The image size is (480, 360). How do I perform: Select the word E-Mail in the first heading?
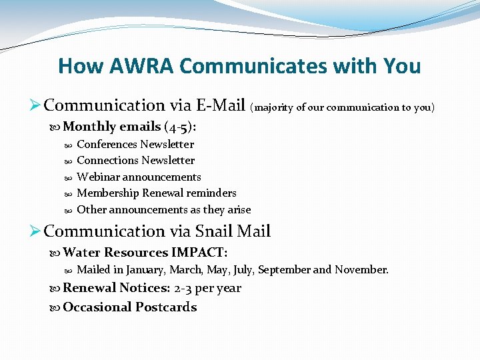(x=220, y=105)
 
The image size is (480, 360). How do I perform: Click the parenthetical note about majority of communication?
(x=342, y=107)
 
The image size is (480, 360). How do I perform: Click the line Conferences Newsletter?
(x=135, y=144)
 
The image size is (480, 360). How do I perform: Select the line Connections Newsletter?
(x=136, y=161)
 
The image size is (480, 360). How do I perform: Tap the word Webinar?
(x=98, y=177)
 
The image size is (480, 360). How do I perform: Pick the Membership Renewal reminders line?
(x=157, y=193)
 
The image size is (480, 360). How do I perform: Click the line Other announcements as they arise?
(x=164, y=210)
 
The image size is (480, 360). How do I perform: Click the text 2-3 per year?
(x=207, y=289)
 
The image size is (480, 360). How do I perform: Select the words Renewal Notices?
(x=116, y=289)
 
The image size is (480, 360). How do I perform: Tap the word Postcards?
(x=166, y=307)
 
